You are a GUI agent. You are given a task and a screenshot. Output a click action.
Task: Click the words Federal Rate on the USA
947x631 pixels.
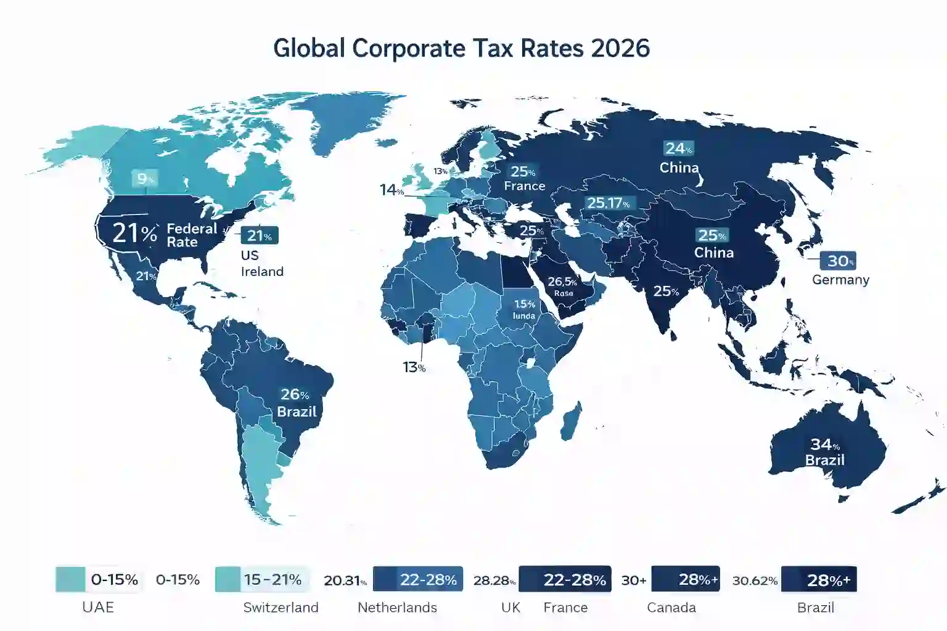[192, 235]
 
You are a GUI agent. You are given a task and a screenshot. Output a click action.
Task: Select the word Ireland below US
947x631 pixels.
[262, 272]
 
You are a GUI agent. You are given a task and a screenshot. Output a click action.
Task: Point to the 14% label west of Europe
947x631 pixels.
[391, 190]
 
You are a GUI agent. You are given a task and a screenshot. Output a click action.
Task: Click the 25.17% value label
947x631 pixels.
[608, 203]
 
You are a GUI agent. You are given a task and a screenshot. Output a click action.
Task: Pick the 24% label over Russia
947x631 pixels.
[678, 149]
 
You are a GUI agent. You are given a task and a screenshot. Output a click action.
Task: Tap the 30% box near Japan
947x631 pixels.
[838, 261]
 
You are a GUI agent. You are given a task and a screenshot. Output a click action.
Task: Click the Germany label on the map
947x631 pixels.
[840, 280]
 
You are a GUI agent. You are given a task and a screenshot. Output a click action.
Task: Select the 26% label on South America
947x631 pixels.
[295, 394]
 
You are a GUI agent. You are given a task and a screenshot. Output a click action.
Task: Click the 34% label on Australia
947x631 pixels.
[824, 444]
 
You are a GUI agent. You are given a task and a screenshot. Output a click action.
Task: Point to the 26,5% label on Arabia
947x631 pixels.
[562, 282]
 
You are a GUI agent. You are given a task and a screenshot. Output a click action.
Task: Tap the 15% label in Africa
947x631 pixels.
[525, 304]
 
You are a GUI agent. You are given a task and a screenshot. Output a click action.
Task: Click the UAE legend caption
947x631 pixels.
[98, 608]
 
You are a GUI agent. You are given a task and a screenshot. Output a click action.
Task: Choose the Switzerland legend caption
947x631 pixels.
[281, 608]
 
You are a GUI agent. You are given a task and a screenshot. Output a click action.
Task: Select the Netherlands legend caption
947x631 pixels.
[397, 608]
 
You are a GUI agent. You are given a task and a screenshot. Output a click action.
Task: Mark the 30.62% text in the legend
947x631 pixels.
[755, 580]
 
